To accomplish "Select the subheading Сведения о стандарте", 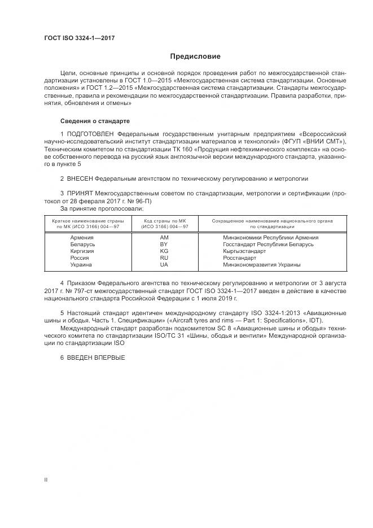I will click(x=95, y=121).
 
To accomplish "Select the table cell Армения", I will click(x=82, y=238).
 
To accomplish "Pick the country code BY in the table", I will click(x=164, y=245).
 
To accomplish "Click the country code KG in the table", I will click(x=164, y=251).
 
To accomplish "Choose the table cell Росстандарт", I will click(x=240, y=258).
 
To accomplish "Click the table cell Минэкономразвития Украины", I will click(x=261, y=265).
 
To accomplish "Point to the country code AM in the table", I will click(x=164, y=238).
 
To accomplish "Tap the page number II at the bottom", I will click(x=46, y=479).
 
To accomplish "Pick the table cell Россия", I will click(x=80, y=258).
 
